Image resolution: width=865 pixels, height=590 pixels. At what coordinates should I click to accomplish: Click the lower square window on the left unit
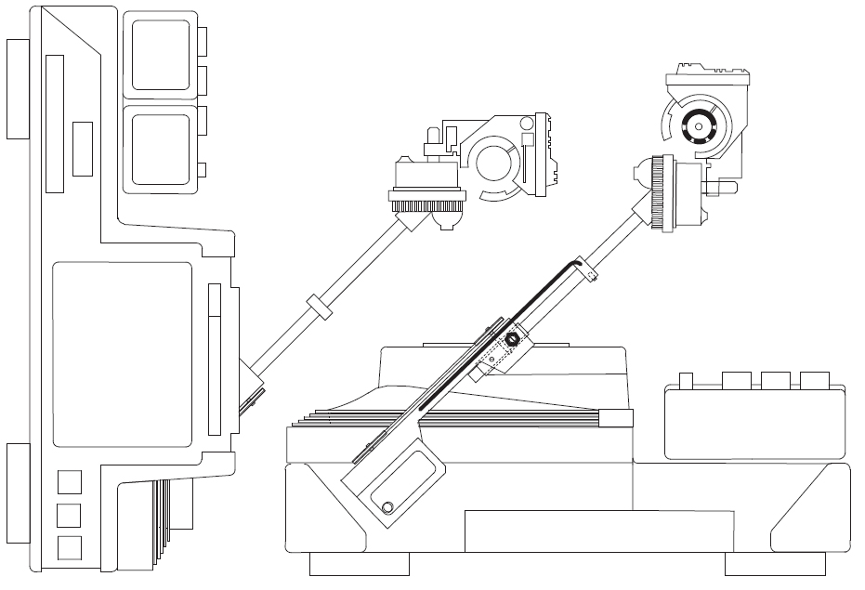coord(161,149)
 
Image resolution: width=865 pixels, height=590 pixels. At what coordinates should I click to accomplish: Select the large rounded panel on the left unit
coord(121,354)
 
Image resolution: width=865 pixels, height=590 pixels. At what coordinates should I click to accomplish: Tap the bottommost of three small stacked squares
coord(70,546)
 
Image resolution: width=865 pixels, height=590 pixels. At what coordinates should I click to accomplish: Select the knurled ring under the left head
coord(426,206)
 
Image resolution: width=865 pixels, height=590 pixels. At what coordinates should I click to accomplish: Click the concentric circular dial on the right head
coord(699,131)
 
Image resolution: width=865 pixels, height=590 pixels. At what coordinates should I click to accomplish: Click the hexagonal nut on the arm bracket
coord(510,336)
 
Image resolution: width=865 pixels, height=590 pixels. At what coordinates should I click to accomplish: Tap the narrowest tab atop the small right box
coord(688,380)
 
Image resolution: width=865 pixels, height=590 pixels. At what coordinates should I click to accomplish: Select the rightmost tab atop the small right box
coord(815,380)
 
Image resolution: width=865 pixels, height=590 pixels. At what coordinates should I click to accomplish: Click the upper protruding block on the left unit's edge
coord(19,89)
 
